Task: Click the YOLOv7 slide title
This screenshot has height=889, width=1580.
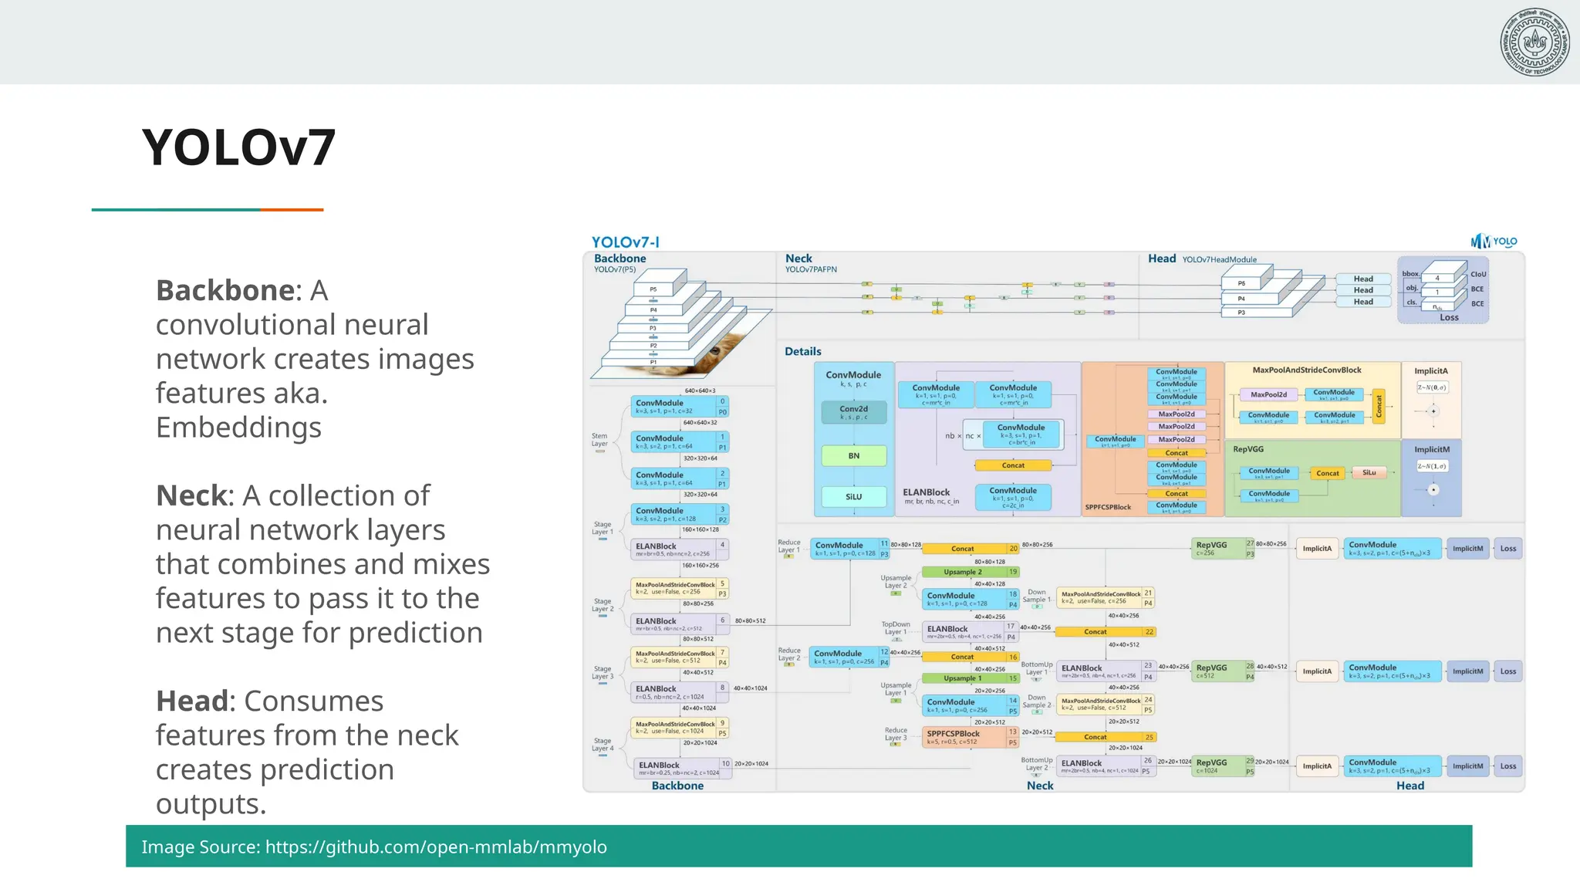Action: coord(238,147)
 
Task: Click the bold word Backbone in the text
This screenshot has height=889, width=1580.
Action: coord(225,291)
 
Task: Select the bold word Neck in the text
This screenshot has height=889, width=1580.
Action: coord(194,495)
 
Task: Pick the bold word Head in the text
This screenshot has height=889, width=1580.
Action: coord(193,701)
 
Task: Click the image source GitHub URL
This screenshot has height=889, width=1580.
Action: coord(436,847)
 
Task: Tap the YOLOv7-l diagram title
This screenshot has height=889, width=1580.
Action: coord(625,242)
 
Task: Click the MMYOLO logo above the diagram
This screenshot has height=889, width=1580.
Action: coord(1494,242)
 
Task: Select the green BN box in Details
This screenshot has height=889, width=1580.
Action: coord(853,456)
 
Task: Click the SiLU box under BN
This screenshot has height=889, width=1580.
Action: coord(853,497)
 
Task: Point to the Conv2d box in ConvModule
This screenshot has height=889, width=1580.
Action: coord(853,412)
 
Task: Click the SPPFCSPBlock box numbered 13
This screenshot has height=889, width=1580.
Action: coord(964,737)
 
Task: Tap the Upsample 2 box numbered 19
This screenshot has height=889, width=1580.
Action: coord(964,572)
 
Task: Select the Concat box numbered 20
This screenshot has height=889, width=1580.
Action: coord(964,549)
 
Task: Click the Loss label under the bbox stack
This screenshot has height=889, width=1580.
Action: coord(1449,317)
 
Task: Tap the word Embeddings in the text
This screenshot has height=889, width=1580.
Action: coord(238,428)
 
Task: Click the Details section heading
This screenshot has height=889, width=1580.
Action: coord(802,351)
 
